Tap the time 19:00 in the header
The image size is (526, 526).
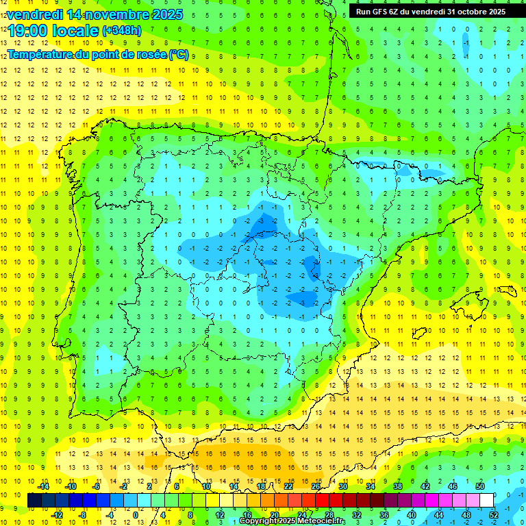32,31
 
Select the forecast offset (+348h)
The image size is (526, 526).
121,31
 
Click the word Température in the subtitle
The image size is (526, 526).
38,54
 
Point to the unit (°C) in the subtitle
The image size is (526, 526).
178,54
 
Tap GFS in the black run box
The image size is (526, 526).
382,12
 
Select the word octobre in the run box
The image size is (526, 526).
462,12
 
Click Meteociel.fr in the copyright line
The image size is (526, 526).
321,521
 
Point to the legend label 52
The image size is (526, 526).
493,514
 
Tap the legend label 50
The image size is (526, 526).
479,486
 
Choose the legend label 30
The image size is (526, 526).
342,486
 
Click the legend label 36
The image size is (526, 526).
384,514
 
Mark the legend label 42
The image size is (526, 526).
425,486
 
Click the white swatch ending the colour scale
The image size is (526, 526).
493,501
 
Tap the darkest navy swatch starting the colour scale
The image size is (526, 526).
34,501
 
